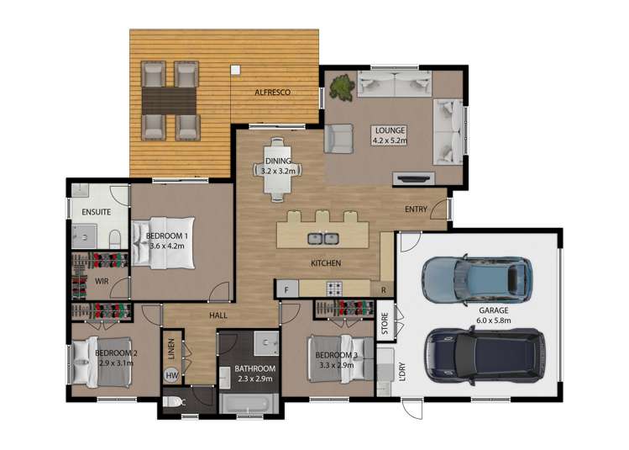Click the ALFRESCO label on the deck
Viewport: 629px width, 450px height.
pyautogui.click(x=274, y=93)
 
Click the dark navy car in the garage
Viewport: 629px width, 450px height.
pyautogui.click(x=485, y=353)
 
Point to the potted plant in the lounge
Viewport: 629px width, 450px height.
pyautogui.click(x=342, y=86)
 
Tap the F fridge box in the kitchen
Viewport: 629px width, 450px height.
pyautogui.click(x=286, y=289)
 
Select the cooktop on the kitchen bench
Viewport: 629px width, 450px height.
pyautogui.click(x=335, y=289)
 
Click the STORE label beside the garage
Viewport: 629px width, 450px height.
pyautogui.click(x=385, y=325)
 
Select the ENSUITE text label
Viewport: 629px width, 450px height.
pyautogui.click(x=97, y=212)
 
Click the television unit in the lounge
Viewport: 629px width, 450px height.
pyautogui.click(x=414, y=178)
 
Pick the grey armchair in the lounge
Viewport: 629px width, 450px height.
pyautogui.click(x=339, y=138)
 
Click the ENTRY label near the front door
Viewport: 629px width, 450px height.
pyautogui.click(x=416, y=209)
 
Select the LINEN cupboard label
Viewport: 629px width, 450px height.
pyautogui.click(x=170, y=348)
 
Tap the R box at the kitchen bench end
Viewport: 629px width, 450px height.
pyautogui.click(x=383, y=289)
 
